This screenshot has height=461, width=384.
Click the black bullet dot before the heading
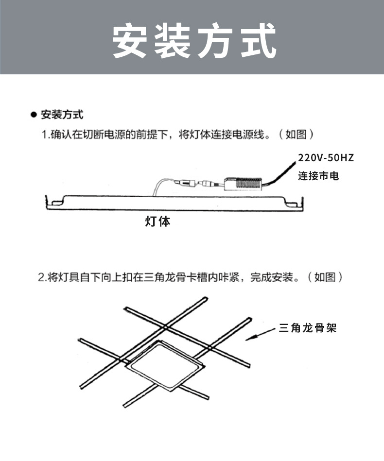pyautogui.click(x=34, y=116)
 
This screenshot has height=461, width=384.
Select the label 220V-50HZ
pyautogui.click(x=326, y=158)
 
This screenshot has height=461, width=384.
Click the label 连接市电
pyautogui.click(x=318, y=176)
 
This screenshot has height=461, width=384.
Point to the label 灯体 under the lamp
pyautogui.click(x=158, y=222)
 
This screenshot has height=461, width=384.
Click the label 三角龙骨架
pyautogui.click(x=308, y=328)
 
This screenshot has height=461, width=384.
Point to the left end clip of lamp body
pyautogui.click(x=54, y=201)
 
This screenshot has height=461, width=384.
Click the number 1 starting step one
pyautogui.click(x=44, y=135)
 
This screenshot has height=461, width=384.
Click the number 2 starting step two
pyautogui.click(x=41, y=277)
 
